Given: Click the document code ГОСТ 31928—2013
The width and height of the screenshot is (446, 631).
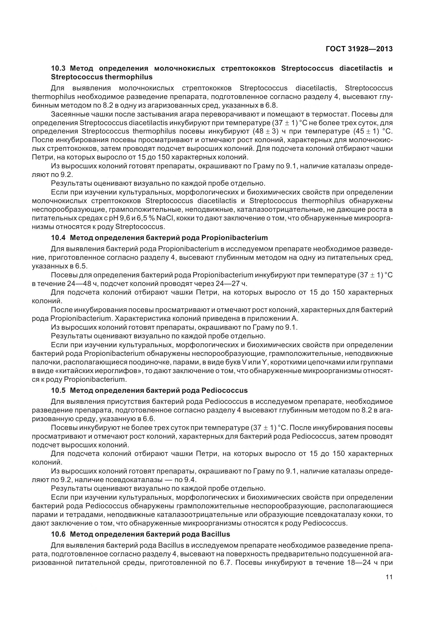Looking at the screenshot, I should click(359, 49).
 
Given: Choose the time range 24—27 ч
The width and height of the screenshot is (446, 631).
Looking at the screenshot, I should click(228, 283).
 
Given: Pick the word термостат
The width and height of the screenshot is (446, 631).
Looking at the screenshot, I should click(332, 114).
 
